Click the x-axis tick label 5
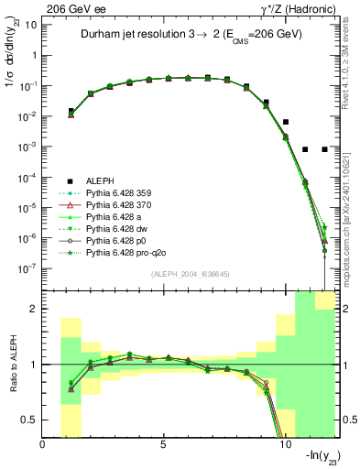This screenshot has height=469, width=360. pyautogui.click(x=163, y=444)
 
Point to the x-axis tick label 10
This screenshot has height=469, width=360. pyautogui.click(x=284, y=444)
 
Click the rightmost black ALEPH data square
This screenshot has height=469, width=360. pyautogui.click(x=324, y=149)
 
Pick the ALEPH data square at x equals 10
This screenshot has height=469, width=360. pyautogui.click(x=285, y=122)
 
